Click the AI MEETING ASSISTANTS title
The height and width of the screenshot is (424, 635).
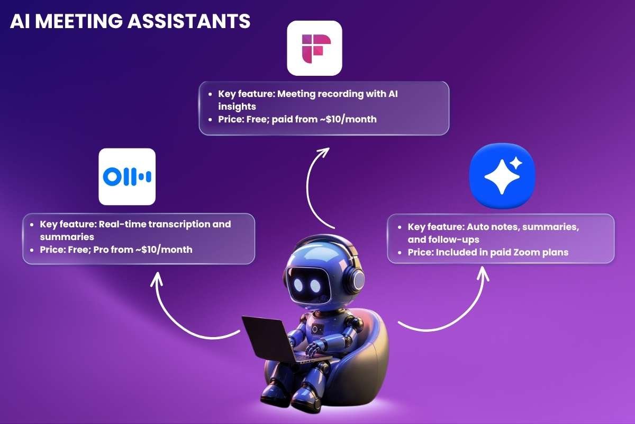coord(130,21)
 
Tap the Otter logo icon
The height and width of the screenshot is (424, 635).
coord(127,176)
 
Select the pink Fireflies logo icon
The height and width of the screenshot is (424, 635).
coord(314,48)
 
